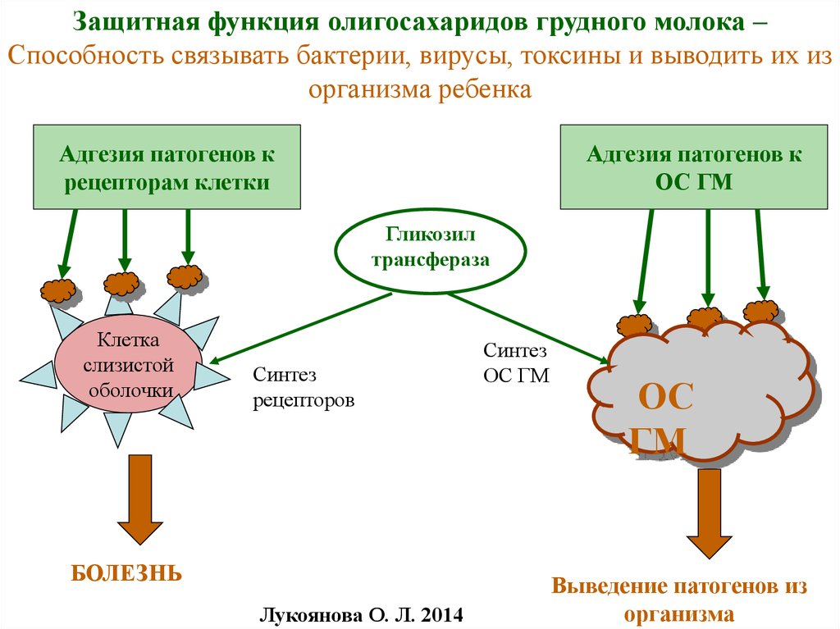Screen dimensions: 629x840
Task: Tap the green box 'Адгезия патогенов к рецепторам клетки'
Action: pyautogui.click(x=167, y=167)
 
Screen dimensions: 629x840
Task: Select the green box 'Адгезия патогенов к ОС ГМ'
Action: pyautogui.click(x=693, y=167)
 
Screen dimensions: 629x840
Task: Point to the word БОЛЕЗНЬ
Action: pyautogui.click(x=126, y=572)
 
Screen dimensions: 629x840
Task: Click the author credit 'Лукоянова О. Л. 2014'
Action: pyautogui.click(x=361, y=613)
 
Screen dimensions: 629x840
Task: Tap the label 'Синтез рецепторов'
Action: pyautogui.click(x=304, y=389)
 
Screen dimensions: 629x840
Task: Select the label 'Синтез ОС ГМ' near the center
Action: pyautogui.click(x=515, y=362)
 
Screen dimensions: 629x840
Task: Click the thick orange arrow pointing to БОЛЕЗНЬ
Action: pyautogui.click(x=138, y=500)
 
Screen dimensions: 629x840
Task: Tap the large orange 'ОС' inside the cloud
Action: pyautogui.click(x=666, y=401)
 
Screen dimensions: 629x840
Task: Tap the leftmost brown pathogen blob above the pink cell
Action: pyautogui.click(x=59, y=289)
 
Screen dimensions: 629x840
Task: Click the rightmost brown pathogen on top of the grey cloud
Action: pyautogui.click(x=760, y=311)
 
